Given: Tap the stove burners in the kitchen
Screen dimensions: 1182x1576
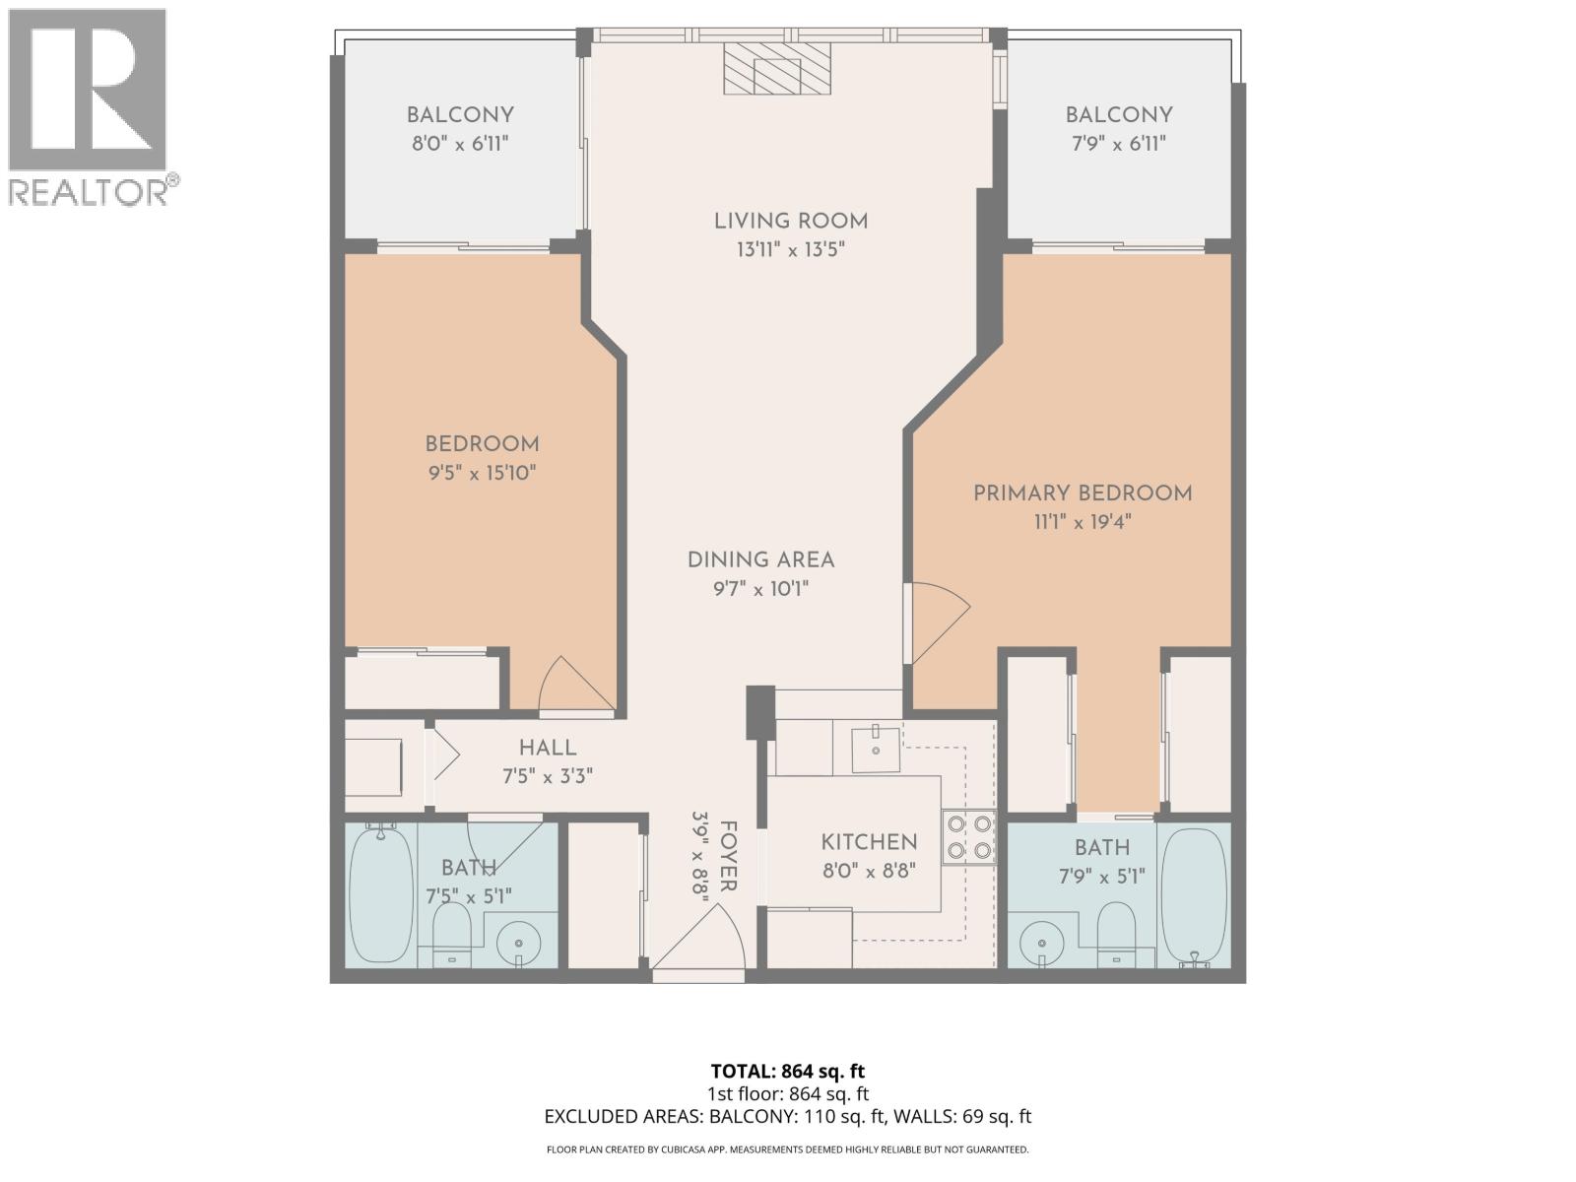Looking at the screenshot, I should coord(968,837).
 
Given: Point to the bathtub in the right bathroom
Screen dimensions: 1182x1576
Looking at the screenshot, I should coord(1194,894).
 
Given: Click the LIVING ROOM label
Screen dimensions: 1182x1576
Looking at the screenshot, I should coord(791,222).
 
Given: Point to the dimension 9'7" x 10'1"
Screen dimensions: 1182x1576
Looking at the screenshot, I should coord(761,589).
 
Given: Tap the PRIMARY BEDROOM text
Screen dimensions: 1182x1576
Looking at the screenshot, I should coord(1082,493).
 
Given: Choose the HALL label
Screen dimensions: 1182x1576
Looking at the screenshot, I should coord(548,749).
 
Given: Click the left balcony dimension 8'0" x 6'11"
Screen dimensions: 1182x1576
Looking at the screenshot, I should coord(460,144).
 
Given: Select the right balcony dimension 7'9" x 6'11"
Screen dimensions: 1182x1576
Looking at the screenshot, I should coord(1118,144).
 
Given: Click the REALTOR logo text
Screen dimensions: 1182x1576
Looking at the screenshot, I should coord(94,191).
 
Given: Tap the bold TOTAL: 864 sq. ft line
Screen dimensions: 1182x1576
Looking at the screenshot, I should coord(788,1071).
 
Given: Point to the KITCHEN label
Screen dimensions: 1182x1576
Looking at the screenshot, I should coord(869,842).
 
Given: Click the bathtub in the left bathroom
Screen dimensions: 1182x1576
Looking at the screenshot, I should coord(381,894).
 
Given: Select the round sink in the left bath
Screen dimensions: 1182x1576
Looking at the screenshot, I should coord(518,945).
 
